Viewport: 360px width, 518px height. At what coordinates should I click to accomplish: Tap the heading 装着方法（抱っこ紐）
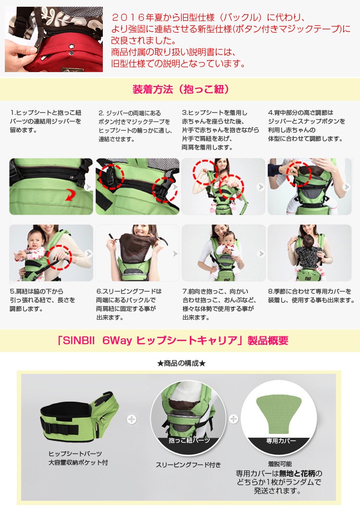coord(181,89)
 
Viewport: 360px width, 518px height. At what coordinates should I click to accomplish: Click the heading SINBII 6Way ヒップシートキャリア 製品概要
coord(173,340)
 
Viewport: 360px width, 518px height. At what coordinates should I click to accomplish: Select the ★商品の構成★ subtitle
coord(181,363)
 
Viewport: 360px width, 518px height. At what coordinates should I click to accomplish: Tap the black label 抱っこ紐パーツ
coord(189,440)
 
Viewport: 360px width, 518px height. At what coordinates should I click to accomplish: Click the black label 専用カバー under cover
coord(281,441)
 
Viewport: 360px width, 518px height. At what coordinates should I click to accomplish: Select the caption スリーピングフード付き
coord(188,465)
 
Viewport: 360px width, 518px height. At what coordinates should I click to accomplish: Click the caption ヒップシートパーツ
coord(75,454)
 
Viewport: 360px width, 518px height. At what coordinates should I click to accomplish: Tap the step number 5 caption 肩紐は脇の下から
coord(37,291)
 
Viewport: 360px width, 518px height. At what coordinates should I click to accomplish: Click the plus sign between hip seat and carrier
coord(132,419)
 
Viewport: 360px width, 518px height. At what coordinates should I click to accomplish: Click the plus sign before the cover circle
coord(234,419)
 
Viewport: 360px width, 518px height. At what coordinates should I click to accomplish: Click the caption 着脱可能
coord(280,464)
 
